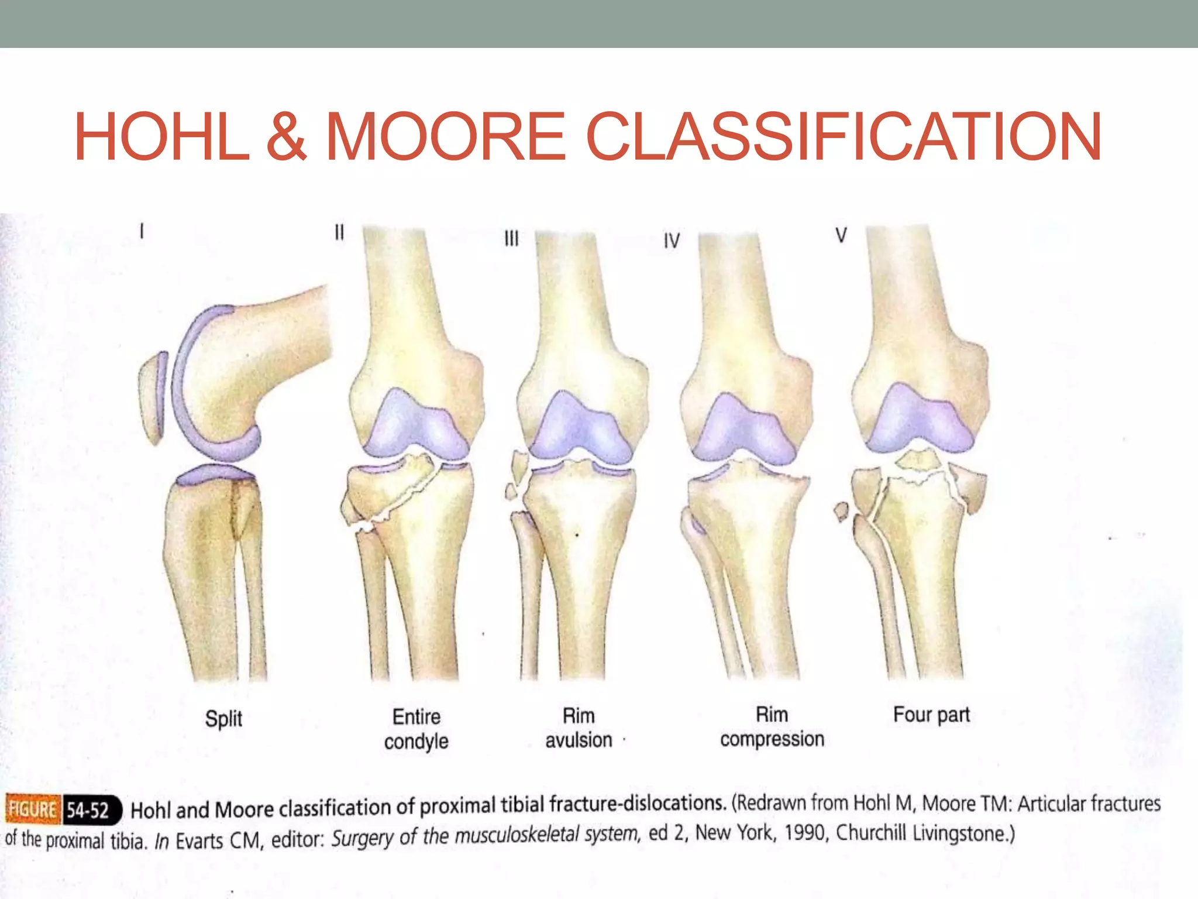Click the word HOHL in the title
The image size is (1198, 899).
(161, 137)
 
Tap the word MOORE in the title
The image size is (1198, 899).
(446, 137)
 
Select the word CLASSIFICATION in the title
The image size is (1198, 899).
(844, 137)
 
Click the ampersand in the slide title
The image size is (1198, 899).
(287, 137)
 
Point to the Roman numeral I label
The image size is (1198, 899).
(142, 231)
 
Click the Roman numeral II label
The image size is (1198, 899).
(339, 232)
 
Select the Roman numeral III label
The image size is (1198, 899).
(511, 238)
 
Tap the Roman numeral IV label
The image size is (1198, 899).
(672, 241)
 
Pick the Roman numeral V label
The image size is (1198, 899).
(841, 235)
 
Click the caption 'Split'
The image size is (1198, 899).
(223, 718)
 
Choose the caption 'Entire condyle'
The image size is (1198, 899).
(416, 729)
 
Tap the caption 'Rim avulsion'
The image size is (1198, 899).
(579, 728)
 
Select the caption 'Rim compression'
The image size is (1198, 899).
(772, 726)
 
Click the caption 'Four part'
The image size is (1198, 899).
(931, 715)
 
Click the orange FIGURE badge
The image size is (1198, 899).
(33, 809)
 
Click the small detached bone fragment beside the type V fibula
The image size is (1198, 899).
(841, 512)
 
